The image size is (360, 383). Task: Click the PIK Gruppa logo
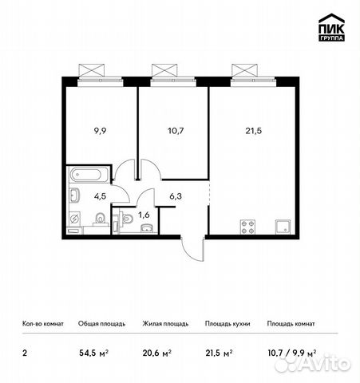[331, 27]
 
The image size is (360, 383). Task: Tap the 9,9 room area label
[100, 131]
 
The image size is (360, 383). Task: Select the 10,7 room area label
[176, 131]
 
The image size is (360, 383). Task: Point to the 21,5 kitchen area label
[254, 131]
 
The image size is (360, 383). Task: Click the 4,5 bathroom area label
[100, 196]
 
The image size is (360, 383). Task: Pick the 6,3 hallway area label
[176, 196]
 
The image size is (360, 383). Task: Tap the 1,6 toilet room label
[144, 215]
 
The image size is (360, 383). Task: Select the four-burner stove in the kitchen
[247, 227]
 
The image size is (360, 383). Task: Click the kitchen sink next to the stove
[283, 227]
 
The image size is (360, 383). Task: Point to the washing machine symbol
[74, 219]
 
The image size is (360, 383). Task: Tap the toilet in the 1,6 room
[126, 219]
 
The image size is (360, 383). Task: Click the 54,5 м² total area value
[93, 353]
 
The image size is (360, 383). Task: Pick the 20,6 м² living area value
[157, 353]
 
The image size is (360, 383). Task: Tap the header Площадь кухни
[227, 324]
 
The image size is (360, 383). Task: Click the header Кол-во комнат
[43, 324]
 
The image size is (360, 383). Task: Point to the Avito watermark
[313, 362]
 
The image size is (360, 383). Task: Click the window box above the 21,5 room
[244, 71]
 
